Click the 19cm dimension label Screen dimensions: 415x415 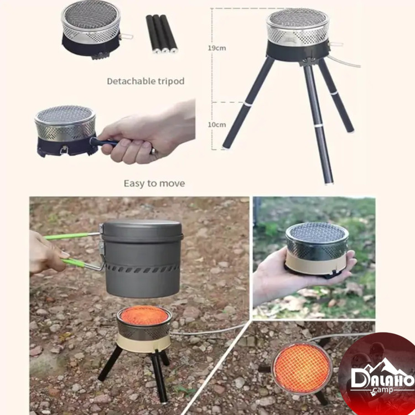[x=217, y=48]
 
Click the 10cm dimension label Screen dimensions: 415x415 [x=217, y=124]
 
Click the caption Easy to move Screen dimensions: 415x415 [x=154, y=183]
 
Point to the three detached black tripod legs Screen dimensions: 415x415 [x=162, y=34]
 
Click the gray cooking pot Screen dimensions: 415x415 [x=142, y=258]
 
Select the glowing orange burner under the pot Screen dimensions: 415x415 [x=144, y=315]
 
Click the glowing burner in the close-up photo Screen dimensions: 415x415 [x=302, y=368]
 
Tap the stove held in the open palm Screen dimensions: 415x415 [x=317, y=249]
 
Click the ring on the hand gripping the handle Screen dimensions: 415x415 [x=153, y=151]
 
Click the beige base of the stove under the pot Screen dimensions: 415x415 [x=144, y=343]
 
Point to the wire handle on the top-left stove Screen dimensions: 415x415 [x=126, y=37]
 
